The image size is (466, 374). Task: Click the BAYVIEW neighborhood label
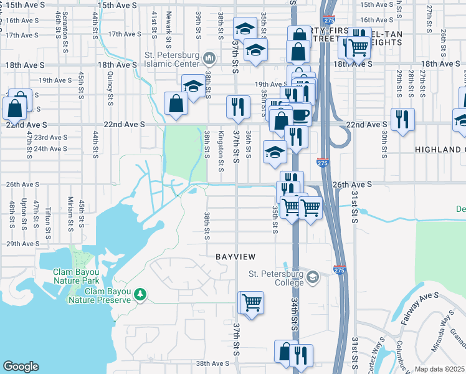click(x=236, y=257)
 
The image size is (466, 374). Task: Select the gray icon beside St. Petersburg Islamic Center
click(x=209, y=59)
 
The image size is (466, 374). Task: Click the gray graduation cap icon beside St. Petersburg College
click(x=313, y=277)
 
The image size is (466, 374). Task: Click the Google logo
click(x=21, y=367)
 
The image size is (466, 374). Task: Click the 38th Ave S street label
click(x=213, y=363)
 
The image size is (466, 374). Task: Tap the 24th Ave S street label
click(x=50, y=149)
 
